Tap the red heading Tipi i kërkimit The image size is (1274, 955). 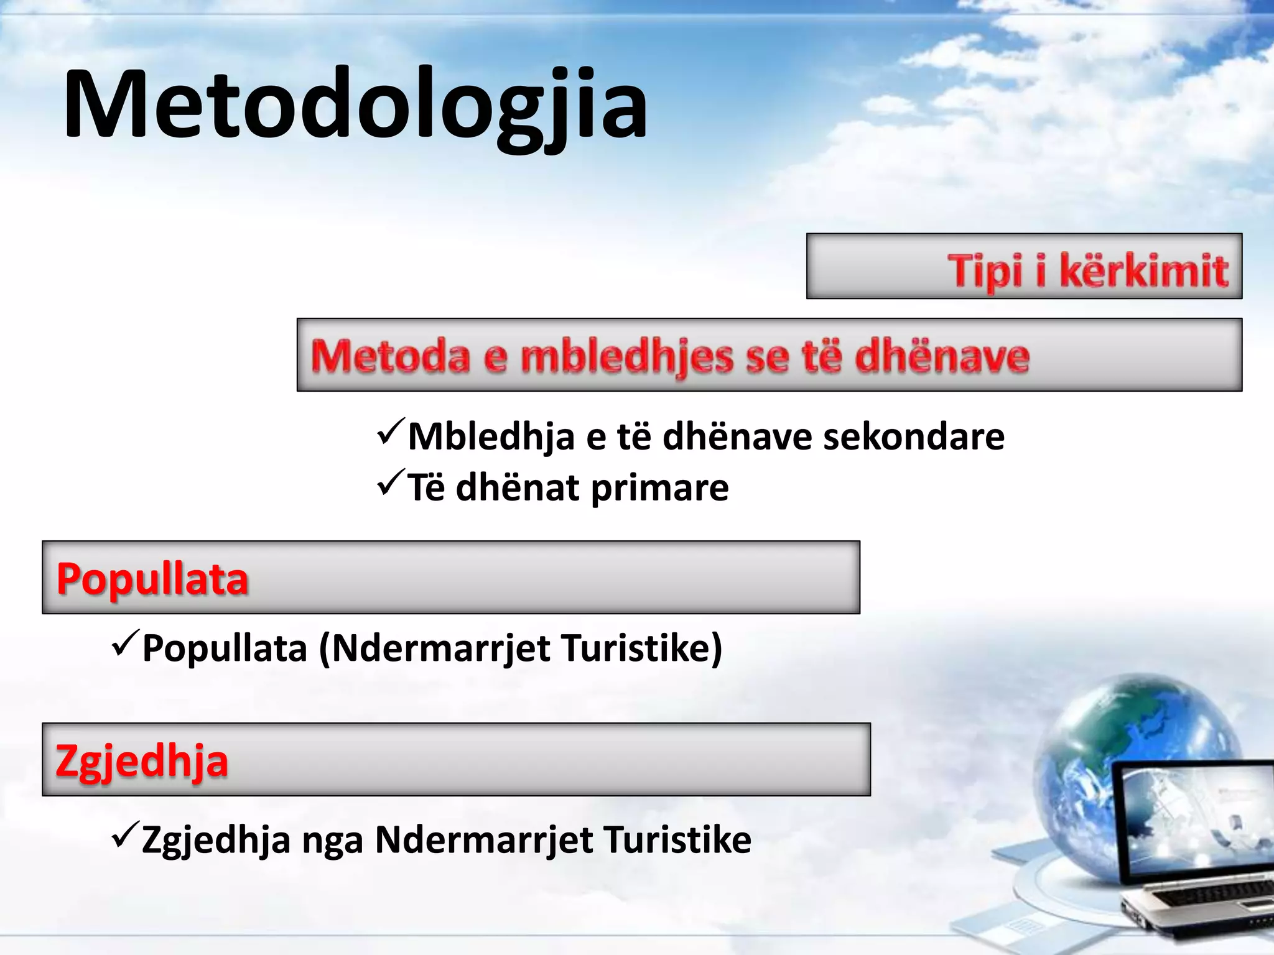[x=1087, y=271]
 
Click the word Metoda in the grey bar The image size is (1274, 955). [x=390, y=357]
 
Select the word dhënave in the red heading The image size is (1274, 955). [x=942, y=357]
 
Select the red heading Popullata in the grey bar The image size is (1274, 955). [x=152, y=579]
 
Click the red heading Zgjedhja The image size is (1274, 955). [x=142, y=762]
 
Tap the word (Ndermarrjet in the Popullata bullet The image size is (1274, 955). [x=434, y=648]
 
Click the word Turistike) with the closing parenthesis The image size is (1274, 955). [x=641, y=648]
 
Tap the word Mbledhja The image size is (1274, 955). [x=491, y=436]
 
